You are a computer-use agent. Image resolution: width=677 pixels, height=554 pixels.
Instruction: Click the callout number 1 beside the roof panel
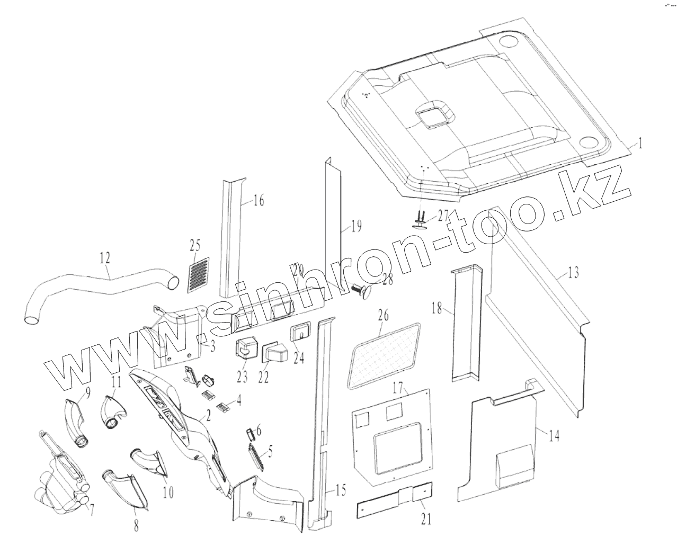(640, 143)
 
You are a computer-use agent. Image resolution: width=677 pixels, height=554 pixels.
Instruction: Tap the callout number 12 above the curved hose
(105, 258)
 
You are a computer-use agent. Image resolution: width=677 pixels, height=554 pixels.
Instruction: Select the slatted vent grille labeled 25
(199, 275)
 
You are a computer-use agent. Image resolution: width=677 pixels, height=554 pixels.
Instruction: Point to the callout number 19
(356, 227)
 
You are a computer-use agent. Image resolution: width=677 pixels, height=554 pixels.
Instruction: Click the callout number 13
(573, 273)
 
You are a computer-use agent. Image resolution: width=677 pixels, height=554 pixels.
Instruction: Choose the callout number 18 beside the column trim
(437, 308)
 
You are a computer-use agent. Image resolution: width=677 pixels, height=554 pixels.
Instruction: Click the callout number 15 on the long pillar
(341, 490)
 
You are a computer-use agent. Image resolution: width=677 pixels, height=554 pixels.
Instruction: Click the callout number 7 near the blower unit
(92, 510)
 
